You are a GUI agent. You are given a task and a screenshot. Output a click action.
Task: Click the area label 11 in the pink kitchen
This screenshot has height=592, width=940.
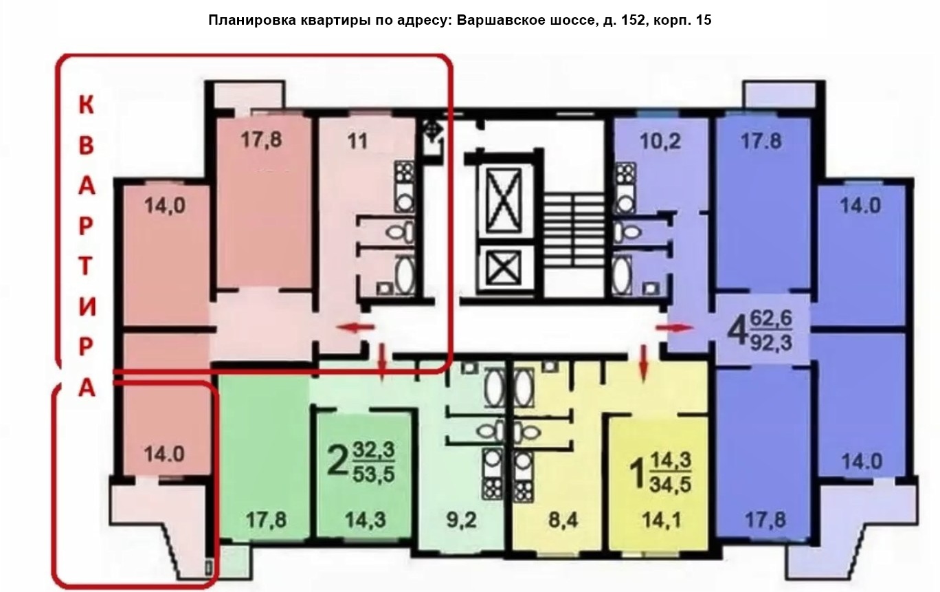pos(357,141)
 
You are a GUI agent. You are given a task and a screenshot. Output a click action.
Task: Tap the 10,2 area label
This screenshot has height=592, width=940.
pos(660,142)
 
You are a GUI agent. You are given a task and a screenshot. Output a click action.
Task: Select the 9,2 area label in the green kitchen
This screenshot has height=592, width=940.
pos(461,520)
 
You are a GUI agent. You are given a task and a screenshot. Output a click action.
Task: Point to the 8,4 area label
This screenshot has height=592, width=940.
pos(563,520)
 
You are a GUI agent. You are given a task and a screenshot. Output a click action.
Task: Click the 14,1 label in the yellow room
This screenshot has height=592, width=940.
pos(661,520)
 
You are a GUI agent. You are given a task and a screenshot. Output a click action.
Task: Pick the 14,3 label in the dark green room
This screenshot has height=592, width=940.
pos(366,520)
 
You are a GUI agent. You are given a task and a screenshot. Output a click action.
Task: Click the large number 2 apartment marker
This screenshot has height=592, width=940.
pos(338,461)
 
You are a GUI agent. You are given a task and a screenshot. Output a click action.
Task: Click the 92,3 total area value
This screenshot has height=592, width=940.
pos(771,343)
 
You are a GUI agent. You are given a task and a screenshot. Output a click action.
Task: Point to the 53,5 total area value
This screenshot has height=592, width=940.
pos(374,475)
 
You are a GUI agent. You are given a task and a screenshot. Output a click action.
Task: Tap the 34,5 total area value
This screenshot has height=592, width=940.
pos(670,485)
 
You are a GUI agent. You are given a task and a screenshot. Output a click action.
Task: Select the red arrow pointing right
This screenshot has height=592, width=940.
pos(674,328)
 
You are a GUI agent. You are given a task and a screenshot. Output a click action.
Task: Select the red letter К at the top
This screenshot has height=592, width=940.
pos(86,105)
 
